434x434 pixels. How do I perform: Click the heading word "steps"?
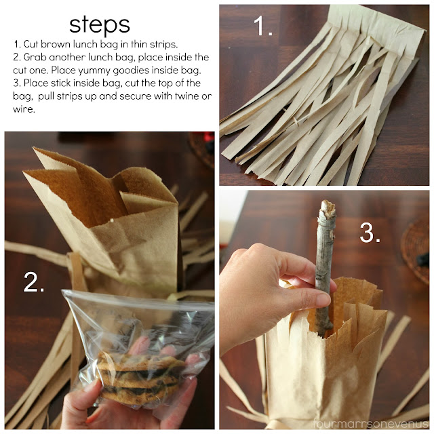[x=100, y=26]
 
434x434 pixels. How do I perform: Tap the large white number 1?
[x=262, y=26]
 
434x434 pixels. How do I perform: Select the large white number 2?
[x=34, y=282]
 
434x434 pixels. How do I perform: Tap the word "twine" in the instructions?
[x=185, y=96]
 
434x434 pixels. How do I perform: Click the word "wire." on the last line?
[x=24, y=109]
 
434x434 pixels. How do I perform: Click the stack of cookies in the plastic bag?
[x=140, y=377]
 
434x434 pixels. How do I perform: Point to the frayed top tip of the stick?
[x=328, y=207]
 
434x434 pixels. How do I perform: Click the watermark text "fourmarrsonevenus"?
[x=372, y=423]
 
